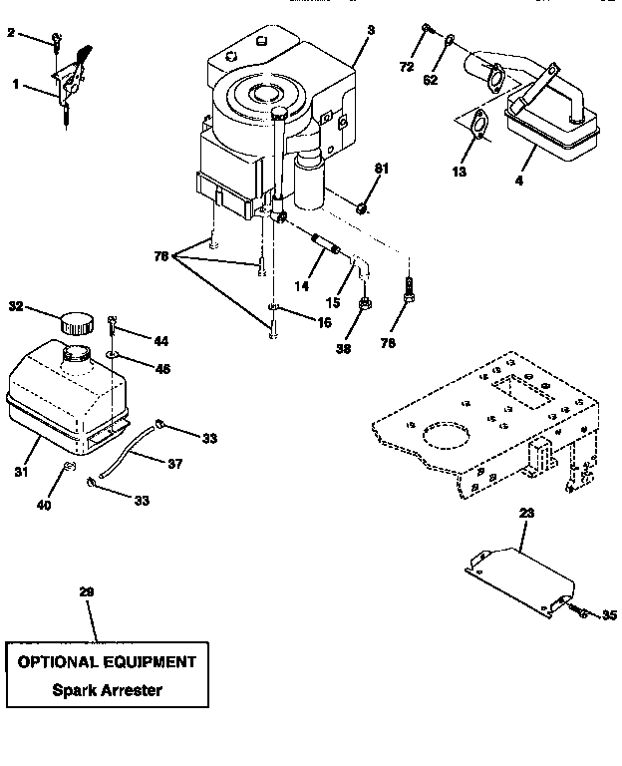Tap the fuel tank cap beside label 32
tap(76, 323)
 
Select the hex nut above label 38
tap(366, 303)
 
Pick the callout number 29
tap(87, 591)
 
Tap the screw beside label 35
tap(581, 612)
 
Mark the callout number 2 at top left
tap(12, 33)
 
